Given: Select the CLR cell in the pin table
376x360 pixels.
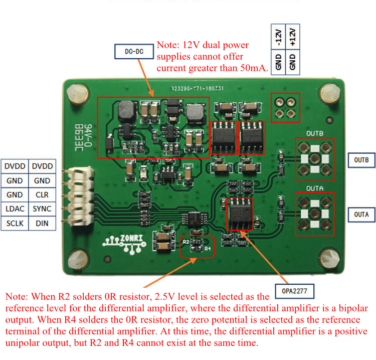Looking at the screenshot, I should click(x=42, y=195).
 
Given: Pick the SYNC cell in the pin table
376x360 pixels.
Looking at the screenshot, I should click(x=42, y=209).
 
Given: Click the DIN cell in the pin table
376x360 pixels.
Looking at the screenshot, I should click(x=42, y=223).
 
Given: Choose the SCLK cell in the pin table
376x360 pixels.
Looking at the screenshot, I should click(x=15, y=223).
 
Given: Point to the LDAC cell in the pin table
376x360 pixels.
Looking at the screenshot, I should click(x=15, y=209).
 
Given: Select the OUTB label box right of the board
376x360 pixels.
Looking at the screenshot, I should click(x=361, y=160).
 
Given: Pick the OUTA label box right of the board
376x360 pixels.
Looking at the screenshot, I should click(x=361, y=215).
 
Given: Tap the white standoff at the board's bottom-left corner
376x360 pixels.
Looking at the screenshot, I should click(x=75, y=259).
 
